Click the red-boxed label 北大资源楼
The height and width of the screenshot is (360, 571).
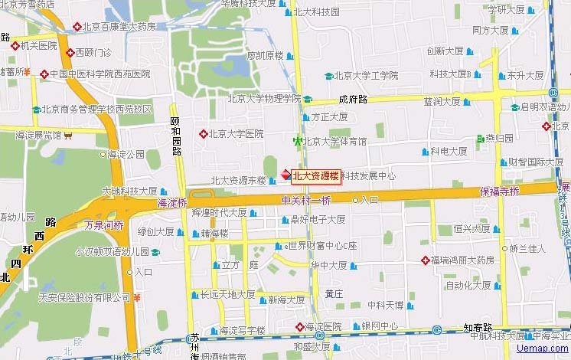pos(315,175)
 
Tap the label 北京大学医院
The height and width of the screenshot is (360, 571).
pos(236,133)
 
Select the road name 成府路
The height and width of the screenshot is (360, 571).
pos(353,100)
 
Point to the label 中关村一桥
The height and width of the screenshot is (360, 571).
pos(306,201)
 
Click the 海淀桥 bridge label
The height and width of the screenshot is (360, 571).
pos(171,204)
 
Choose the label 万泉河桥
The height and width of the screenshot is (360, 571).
pos(103,226)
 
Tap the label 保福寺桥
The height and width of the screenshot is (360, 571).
pos(499,191)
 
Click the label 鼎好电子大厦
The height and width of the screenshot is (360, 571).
pos(318,219)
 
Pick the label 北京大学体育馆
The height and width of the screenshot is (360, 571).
pos(334,141)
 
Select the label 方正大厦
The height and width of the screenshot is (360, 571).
pos(329,117)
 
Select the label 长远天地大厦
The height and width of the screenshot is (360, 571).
pos(227,294)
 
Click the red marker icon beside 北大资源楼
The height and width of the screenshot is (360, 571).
pos(284,175)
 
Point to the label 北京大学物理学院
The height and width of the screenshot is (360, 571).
pos(264,98)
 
